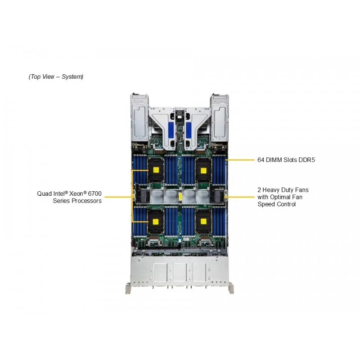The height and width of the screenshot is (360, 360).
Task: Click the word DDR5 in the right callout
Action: [x=306, y=160]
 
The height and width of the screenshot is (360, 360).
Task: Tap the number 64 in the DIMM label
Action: [x=261, y=160]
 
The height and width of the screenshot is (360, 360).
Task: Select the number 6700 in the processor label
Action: [x=94, y=193]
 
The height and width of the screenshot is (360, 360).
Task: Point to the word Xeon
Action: [x=76, y=193]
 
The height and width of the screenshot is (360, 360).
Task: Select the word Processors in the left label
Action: [x=86, y=201]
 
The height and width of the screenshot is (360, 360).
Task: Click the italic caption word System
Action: [x=72, y=76]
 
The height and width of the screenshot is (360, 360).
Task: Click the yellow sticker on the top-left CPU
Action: [x=156, y=170]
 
